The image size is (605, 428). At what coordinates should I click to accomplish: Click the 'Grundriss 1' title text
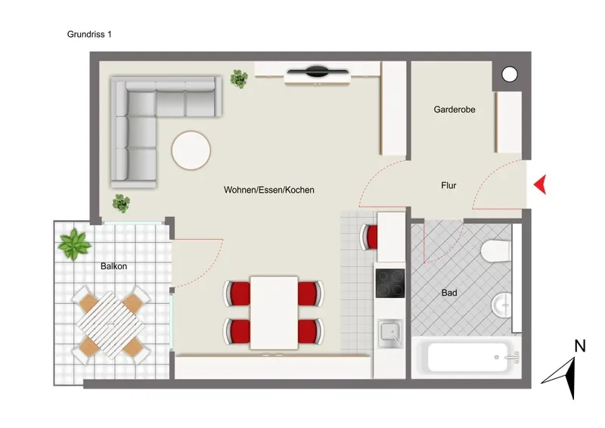(x=89, y=34)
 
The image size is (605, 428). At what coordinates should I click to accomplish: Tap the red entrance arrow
(x=540, y=185)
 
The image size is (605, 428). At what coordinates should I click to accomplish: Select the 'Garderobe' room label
(x=455, y=110)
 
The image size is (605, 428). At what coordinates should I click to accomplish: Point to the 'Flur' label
(x=448, y=185)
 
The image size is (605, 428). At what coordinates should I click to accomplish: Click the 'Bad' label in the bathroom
(x=449, y=293)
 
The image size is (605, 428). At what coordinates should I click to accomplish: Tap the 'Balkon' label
(x=113, y=266)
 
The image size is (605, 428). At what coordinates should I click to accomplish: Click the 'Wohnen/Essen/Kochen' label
(x=269, y=190)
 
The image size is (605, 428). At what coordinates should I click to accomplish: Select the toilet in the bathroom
(x=495, y=251)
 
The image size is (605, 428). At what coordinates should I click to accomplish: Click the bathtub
(x=467, y=358)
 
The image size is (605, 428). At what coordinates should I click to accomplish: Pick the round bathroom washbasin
(x=502, y=305)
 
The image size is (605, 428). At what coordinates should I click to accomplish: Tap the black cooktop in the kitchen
(x=390, y=284)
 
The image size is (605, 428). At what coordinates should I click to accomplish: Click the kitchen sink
(x=390, y=333)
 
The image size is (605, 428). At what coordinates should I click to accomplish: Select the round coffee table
(x=191, y=150)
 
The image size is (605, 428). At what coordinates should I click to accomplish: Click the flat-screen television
(x=317, y=71)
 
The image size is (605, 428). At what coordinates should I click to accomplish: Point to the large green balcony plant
(x=74, y=244)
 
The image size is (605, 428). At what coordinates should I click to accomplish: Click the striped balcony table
(x=110, y=325)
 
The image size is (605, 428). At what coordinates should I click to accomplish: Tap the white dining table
(x=274, y=312)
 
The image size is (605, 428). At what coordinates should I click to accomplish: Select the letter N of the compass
(x=580, y=346)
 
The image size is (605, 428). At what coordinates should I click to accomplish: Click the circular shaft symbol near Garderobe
(x=509, y=74)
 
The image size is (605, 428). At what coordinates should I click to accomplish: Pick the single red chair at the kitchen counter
(x=369, y=237)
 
